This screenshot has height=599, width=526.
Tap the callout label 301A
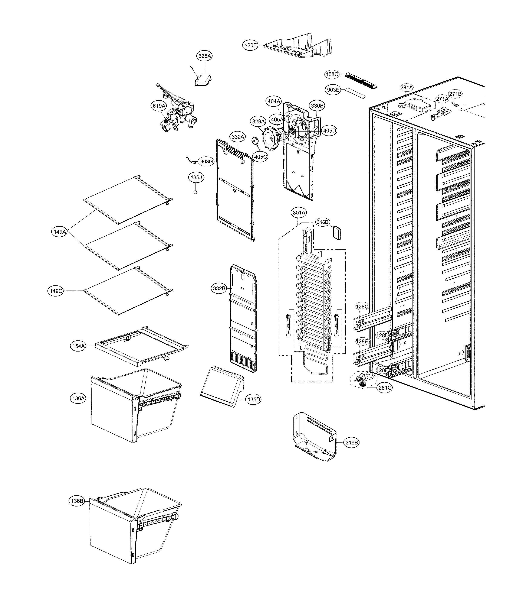point(299,213)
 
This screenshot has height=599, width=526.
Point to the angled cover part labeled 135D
point(223,387)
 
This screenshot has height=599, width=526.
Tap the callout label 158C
point(332,74)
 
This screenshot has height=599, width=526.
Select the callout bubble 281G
point(385,388)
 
